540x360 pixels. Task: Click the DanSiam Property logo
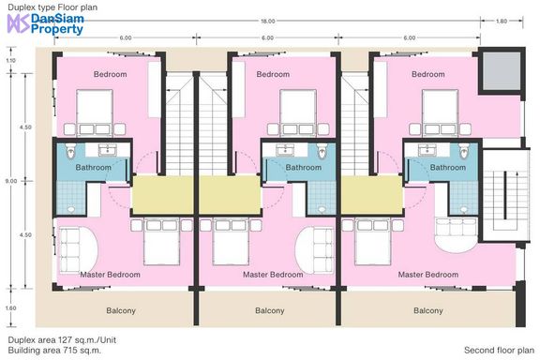[45, 23]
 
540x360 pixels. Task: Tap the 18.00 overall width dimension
[267, 21]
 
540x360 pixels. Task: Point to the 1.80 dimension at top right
[502, 21]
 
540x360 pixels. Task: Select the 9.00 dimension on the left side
[11, 181]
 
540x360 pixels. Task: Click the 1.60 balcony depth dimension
[11, 308]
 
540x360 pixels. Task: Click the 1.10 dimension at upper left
[11, 61]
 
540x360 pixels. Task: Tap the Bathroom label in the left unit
[94, 168]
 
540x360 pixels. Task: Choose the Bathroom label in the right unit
[448, 168]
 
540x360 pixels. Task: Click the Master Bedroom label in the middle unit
[273, 275]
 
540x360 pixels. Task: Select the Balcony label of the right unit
[428, 310]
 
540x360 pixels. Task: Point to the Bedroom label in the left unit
[111, 74]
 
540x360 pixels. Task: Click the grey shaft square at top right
[501, 71]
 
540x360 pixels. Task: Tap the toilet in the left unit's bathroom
[70, 151]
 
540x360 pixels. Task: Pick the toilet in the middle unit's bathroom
[322, 151]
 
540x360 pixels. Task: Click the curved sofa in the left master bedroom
[78, 249]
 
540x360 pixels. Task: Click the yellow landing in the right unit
[372, 195]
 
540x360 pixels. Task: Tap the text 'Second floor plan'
[499, 351]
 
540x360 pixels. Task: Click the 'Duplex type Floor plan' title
[52, 7]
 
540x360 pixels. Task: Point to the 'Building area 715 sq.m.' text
[54, 351]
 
